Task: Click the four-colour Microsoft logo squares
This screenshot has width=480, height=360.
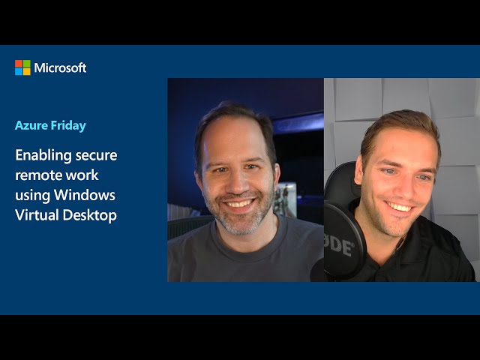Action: point(22,67)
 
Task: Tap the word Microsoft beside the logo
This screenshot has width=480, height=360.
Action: point(60,67)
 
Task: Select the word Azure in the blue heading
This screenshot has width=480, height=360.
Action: point(31,125)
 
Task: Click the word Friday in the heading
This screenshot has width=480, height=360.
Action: point(68,126)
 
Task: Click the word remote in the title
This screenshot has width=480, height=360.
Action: point(34,175)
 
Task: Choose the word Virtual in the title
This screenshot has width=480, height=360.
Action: point(37,214)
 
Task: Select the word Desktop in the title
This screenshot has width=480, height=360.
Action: point(90,215)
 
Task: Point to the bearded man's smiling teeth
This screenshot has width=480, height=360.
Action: point(239,203)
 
